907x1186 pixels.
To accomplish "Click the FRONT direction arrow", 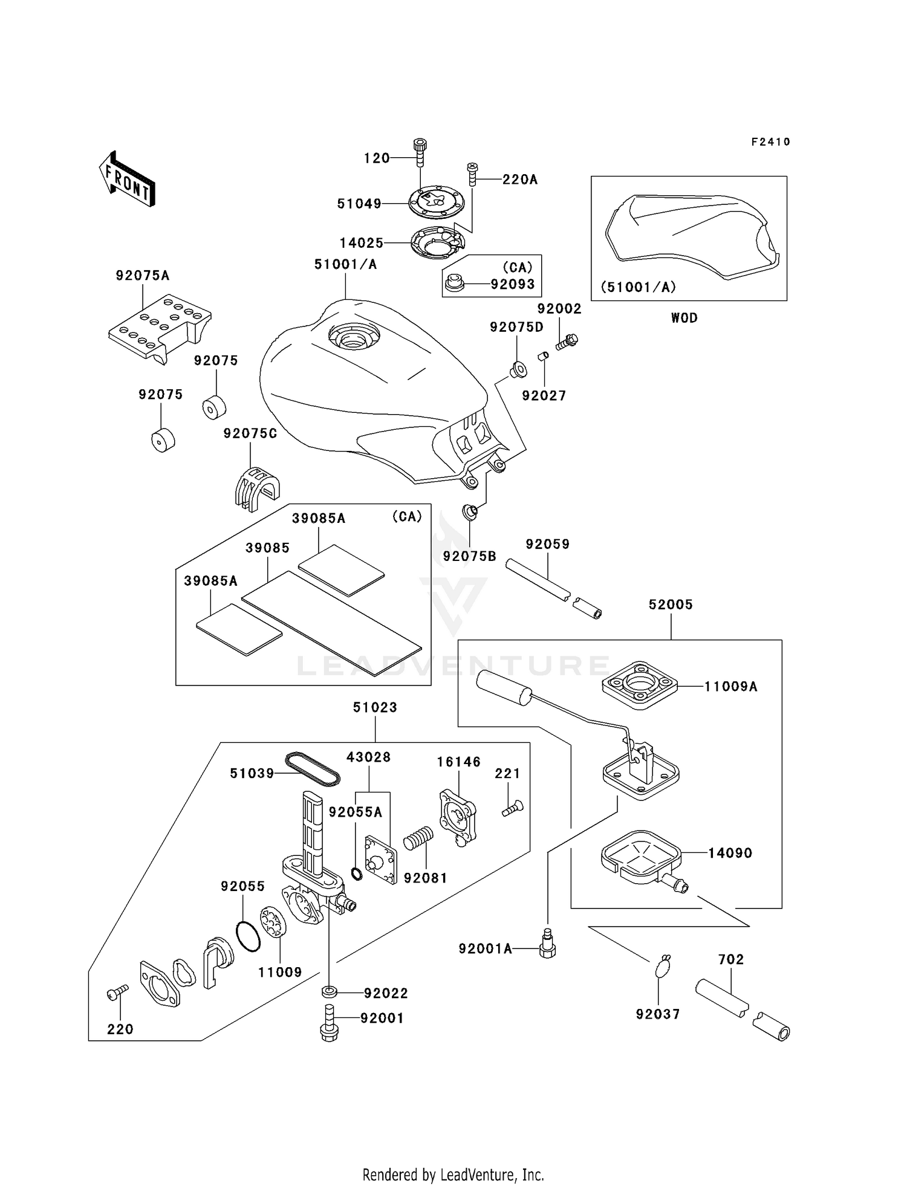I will tap(127, 179).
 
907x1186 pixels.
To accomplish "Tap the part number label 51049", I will tap(359, 204).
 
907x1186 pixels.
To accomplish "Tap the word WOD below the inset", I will tap(684, 318).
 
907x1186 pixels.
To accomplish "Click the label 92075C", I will tap(250, 433).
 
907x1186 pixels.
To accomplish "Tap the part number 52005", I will tap(671, 604).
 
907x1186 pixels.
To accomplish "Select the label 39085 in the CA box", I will tap(267, 548).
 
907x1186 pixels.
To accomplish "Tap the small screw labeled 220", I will tap(118, 992).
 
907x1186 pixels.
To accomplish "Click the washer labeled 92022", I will tap(330, 992).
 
